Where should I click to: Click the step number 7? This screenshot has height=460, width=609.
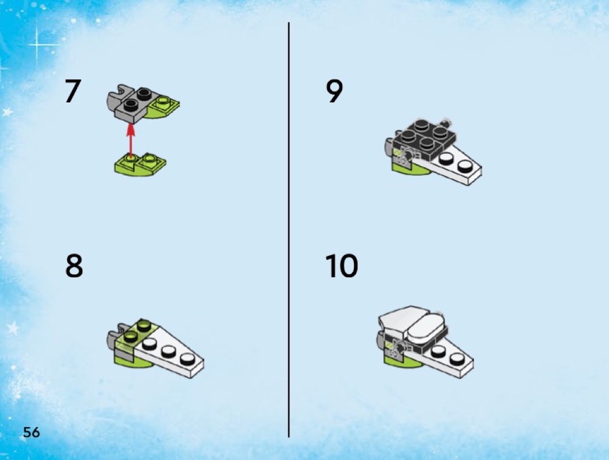click(x=73, y=91)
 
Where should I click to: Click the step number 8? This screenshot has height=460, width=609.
click(x=74, y=266)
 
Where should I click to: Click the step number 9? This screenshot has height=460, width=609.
click(x=335, y=91)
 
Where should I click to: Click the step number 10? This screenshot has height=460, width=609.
click(x=342, y=266)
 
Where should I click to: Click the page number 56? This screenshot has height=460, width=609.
click(x=31, y=432)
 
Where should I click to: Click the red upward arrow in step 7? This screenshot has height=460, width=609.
click(x=131, y=140)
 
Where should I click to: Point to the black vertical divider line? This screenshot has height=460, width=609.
click(x=289, y=230)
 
